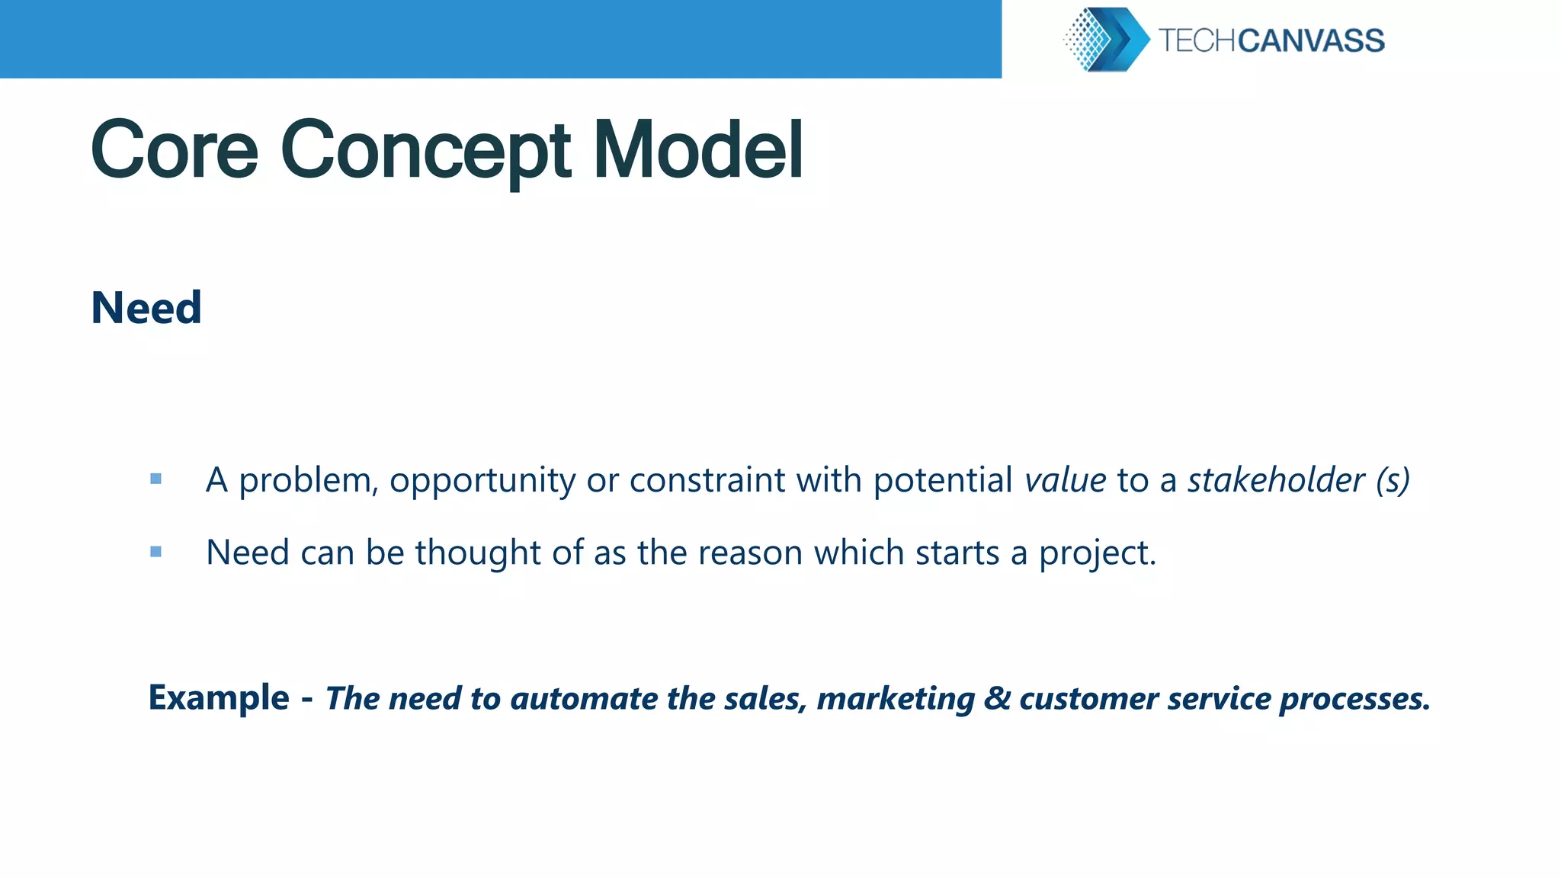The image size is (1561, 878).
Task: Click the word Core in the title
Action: coord(175,150)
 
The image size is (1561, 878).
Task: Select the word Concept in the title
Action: coord(425,150)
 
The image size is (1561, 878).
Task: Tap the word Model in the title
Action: coord(697,150)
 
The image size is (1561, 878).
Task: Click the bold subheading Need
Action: coord(146,308)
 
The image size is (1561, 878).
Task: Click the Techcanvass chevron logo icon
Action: coord(1106,40)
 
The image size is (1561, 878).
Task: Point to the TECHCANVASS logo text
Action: coord(1271,40)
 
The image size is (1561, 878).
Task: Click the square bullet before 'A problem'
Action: coord(156,479)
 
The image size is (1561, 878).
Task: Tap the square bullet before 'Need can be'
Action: coord(156,552)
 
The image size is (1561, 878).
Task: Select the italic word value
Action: coord(1065,480)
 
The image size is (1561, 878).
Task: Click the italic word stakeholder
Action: coord(1276,480)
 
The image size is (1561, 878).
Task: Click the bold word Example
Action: coord(219,697)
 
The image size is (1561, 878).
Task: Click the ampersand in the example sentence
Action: coord(996,698)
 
